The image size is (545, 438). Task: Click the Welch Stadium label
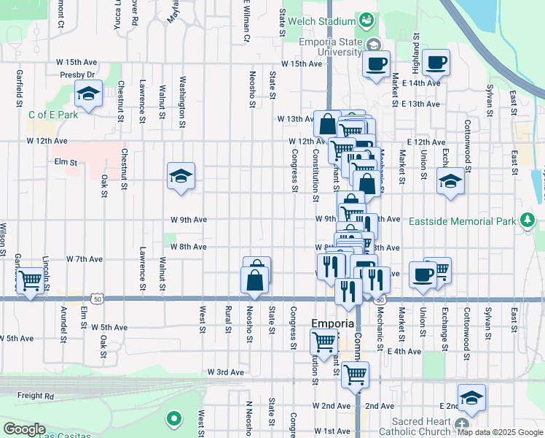321,21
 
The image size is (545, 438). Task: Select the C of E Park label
53,115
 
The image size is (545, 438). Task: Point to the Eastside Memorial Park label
462,221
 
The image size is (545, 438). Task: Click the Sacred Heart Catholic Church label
421,426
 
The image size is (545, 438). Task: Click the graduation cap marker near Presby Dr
88,93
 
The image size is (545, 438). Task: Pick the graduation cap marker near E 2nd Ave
472,397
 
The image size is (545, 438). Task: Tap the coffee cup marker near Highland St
436,63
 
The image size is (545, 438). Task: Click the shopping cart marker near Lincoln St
29,280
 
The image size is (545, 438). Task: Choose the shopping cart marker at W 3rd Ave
355,375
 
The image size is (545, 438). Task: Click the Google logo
24,429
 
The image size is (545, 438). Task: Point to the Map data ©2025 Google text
501,432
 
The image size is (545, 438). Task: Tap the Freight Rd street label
36,396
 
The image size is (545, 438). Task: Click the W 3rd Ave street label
226,372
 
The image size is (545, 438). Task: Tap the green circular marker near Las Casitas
173,419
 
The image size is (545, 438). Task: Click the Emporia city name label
332,323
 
